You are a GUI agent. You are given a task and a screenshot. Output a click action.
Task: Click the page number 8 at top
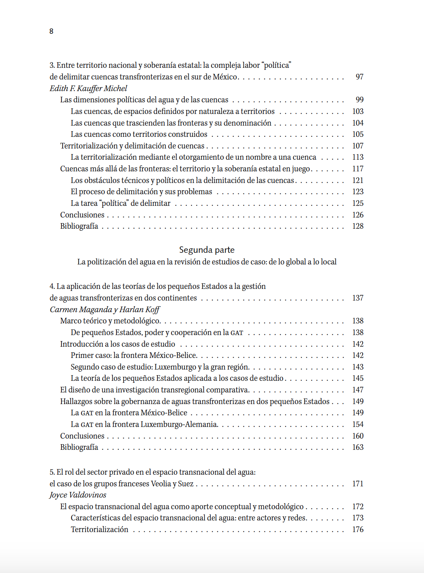(51, 31)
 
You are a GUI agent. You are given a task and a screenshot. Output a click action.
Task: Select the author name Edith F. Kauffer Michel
(88, 88)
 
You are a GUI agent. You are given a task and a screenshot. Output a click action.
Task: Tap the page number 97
(359, 77)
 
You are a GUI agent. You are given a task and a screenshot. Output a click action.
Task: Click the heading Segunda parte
(207, 250)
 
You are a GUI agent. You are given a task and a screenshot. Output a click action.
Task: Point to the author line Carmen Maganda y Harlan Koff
(105, 309)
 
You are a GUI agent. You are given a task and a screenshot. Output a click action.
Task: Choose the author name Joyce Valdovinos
(78, 495)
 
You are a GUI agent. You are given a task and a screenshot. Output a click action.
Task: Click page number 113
(358, 157)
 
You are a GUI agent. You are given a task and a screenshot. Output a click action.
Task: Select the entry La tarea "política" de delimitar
(120, 203)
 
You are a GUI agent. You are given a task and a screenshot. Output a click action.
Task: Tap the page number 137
(358, 298)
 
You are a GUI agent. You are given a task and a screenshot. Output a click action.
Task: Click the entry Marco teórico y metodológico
(110, 321)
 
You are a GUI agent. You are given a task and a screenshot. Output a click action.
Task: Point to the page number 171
(358, 484)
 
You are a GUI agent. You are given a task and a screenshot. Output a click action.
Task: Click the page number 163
(358, 447)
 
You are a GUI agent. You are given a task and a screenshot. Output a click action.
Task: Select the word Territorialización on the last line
(100, 529)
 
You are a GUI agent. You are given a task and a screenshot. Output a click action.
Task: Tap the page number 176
(358, 529)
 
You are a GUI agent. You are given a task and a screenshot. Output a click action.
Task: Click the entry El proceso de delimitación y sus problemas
(141, 191)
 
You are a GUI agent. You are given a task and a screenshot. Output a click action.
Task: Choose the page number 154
(358, 424)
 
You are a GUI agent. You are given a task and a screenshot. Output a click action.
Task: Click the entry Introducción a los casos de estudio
(118, 344)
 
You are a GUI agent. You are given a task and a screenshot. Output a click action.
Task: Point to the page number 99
(359, 100)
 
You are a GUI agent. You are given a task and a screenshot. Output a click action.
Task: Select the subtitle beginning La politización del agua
(207, 262)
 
